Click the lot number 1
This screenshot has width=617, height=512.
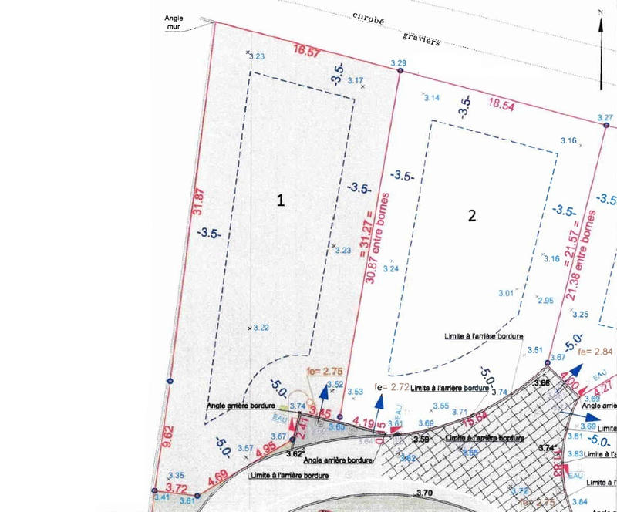tap(281, 200)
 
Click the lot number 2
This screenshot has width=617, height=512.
tap(472, 215)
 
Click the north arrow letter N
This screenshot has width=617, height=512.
tap(601, 12)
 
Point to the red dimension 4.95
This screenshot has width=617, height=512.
tap(265, 446)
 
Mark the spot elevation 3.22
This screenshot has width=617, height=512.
tap(261, 328)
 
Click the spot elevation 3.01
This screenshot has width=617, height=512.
tap(506, 293)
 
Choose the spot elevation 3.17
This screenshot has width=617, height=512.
tap(356, 80)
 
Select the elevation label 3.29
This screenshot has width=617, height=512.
tap(399, 62)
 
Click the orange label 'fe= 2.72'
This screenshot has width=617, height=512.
tap(390, 386)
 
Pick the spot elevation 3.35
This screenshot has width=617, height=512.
tap(176, 475)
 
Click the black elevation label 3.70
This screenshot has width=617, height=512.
tap(424, 493)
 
